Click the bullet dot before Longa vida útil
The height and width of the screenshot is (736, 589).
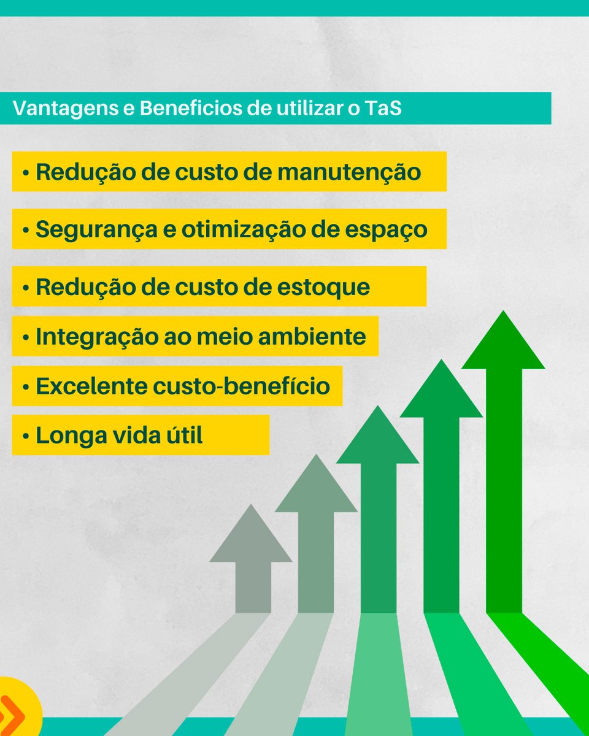click(x=26, y=437)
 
